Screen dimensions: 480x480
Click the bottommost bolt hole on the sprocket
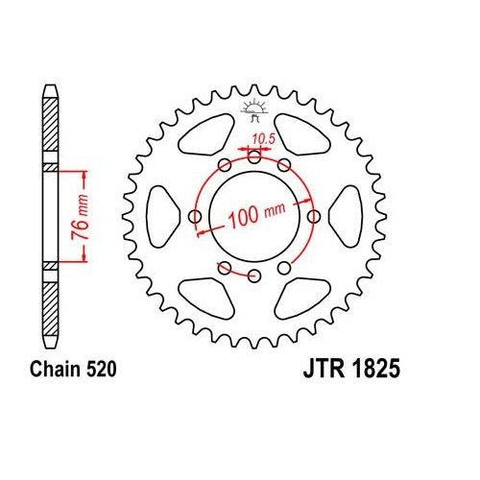click(x=254, y=276)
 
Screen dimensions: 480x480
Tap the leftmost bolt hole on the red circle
click(x=196, y=217)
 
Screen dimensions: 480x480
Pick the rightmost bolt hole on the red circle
click(x=314, y=217)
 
